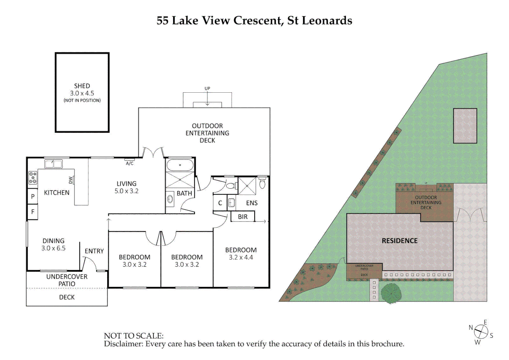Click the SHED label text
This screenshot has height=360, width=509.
pyautogui.click(x=82, y=86)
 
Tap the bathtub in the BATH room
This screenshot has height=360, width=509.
pyautogui.click(x=180, y=165)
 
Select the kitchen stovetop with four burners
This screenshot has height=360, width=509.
pyautogui.click(x=33, y=178)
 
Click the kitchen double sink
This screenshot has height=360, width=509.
pyautogui.click(x=53, y=164)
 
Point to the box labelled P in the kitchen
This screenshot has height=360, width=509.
pyautogui.click(x=33, y=196)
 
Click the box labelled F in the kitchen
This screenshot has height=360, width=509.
pyautogui.click(x=33, y=212)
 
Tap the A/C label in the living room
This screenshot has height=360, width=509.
pyautogui.click(x=130, y=163)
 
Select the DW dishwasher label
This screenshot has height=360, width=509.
pyautogui.click(x=71, y=180)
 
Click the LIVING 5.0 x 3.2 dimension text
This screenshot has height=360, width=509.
pyautogui.click(x=126, y=191)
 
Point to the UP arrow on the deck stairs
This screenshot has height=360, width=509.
pyautogui.click(x=207, y=97)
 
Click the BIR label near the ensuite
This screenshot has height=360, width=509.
pyautogui.click(x=243, y=217)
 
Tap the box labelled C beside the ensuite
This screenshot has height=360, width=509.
pyautogui.click(x=220, y=203)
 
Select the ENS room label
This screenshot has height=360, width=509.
pyautogui.click(x=252, y=203)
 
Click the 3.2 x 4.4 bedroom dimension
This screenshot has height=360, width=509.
pyautogui.click(x=241, y=257)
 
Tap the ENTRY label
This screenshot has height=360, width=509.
pyautogui.click(x=94, y=251)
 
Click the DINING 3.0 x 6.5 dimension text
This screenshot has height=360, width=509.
pyautogui.click(x=53, y=248)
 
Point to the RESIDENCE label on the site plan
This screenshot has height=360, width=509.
pyautogui.click(x=399, y=241)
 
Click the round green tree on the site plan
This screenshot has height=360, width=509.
pyautogui.click(x=391, y=293)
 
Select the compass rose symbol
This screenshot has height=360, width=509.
pyautogui.click(x=481, y=332)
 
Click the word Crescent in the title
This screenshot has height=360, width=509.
pyautogui.click(x=258, y=21)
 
